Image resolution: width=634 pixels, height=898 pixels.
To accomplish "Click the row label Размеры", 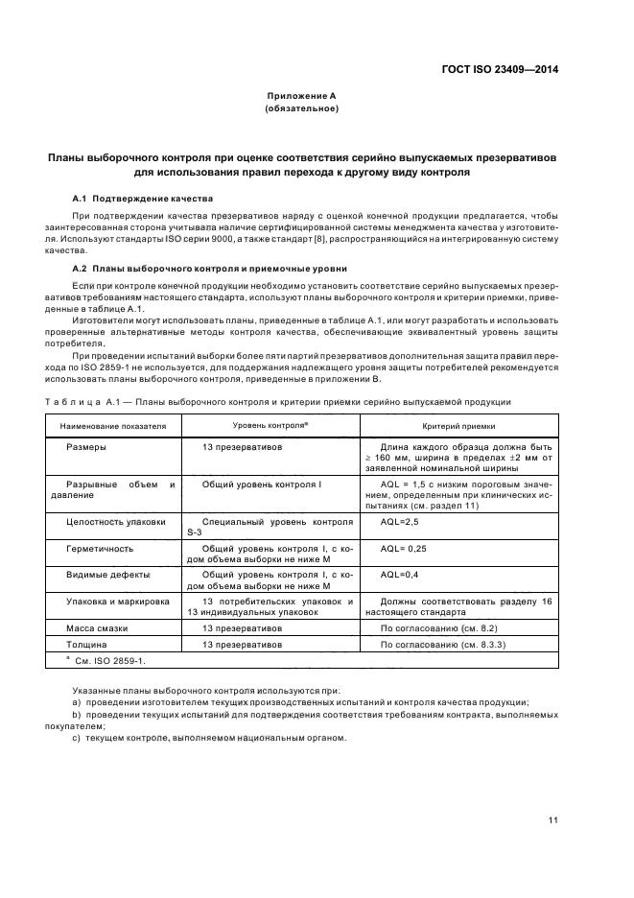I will click(x=86, y=448).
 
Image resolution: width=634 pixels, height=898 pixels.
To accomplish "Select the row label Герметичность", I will click(x=100, y=549).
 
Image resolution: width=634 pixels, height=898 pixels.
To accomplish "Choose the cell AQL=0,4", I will click(x=401, y=575).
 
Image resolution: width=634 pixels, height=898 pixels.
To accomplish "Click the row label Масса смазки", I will click(x=97, y=627).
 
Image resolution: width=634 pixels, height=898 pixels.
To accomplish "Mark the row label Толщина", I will click(x=87, y=645).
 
